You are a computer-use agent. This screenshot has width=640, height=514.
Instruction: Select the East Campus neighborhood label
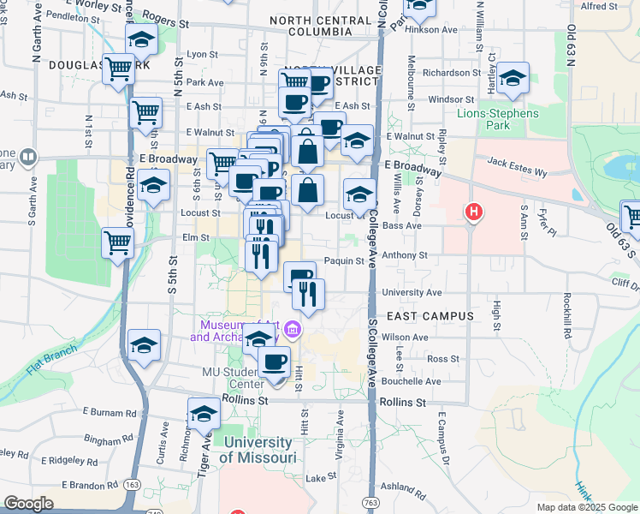(x=436, y=316)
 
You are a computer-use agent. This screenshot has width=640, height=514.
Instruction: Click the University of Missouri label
(x=258, y=450)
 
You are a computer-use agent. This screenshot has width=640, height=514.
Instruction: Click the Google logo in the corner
(x=28, y=504)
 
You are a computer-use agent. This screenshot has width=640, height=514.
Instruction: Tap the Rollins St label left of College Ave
(x=245, y=400)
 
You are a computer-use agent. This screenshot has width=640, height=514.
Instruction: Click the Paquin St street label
(x=345, y=261)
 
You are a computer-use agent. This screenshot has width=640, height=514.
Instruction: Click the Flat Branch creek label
(x=51, y=358)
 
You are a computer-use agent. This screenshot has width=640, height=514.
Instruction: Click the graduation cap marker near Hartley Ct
(x=513, y=78)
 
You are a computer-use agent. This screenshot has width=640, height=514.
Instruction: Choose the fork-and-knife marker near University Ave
(x=307, y=294)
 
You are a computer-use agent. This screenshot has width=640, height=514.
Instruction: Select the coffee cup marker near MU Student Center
(x=274, y=362)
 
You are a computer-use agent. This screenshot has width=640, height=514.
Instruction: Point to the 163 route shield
(x=132, y=485)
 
